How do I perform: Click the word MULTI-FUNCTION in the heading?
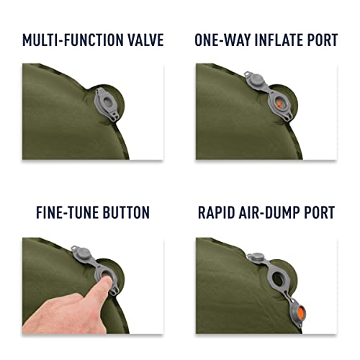pyautogui.click(x=72, y=40)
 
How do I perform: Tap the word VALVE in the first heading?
pyautogui.click(x=145, y=40)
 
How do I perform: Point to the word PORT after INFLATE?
pyautogui.click(x=323, y=40)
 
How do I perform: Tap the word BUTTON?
pyautogui.click(x=126, y=212)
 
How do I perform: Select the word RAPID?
pyautogui.click(x=216, y=212)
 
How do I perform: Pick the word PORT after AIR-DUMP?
pyautogui.click(x=320, y=212)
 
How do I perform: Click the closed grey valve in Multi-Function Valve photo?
pyautogui.click(x=107, y=104)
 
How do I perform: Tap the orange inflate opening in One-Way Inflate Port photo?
pyautogui.click(x=279, y=104)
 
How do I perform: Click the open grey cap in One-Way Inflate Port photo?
pyautogui.click(x=256, y=80)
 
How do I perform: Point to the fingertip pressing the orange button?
pyautogui.click(x=107, y=279)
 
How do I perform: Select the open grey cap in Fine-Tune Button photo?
pyautogui.click(x=82, y=253)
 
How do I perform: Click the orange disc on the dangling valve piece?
pyautogui.click(x=299, y=312)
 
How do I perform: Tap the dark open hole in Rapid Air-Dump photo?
pyautogui.click(x=279, y=279)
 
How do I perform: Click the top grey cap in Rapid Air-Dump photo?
pyautogui.click(x=256, y=257)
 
